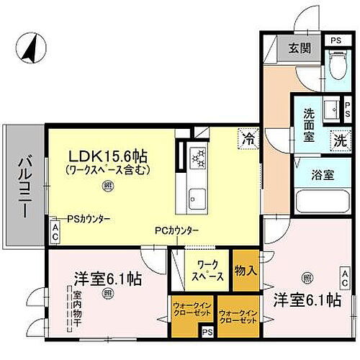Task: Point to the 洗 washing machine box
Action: [x=337, y=140]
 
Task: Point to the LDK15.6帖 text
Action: [x=109, y=154]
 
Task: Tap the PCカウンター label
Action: [x=176, y=230]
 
